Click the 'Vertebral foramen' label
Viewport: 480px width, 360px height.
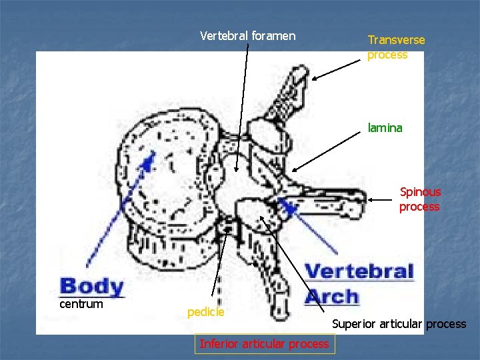coord(247,36)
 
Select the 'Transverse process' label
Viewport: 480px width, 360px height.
coord(396,47)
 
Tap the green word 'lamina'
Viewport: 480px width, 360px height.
coord(385,128)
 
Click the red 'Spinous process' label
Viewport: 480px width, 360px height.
coord(420,199)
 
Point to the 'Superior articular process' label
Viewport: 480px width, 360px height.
coord(399,324)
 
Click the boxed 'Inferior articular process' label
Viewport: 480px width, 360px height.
coord(264,344)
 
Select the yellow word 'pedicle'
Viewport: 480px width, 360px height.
coord(206,312)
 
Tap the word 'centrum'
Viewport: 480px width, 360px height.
coord(81,304)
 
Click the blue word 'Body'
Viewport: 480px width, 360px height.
coord(91,287)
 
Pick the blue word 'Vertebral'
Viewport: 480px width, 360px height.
coord(359,272)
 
